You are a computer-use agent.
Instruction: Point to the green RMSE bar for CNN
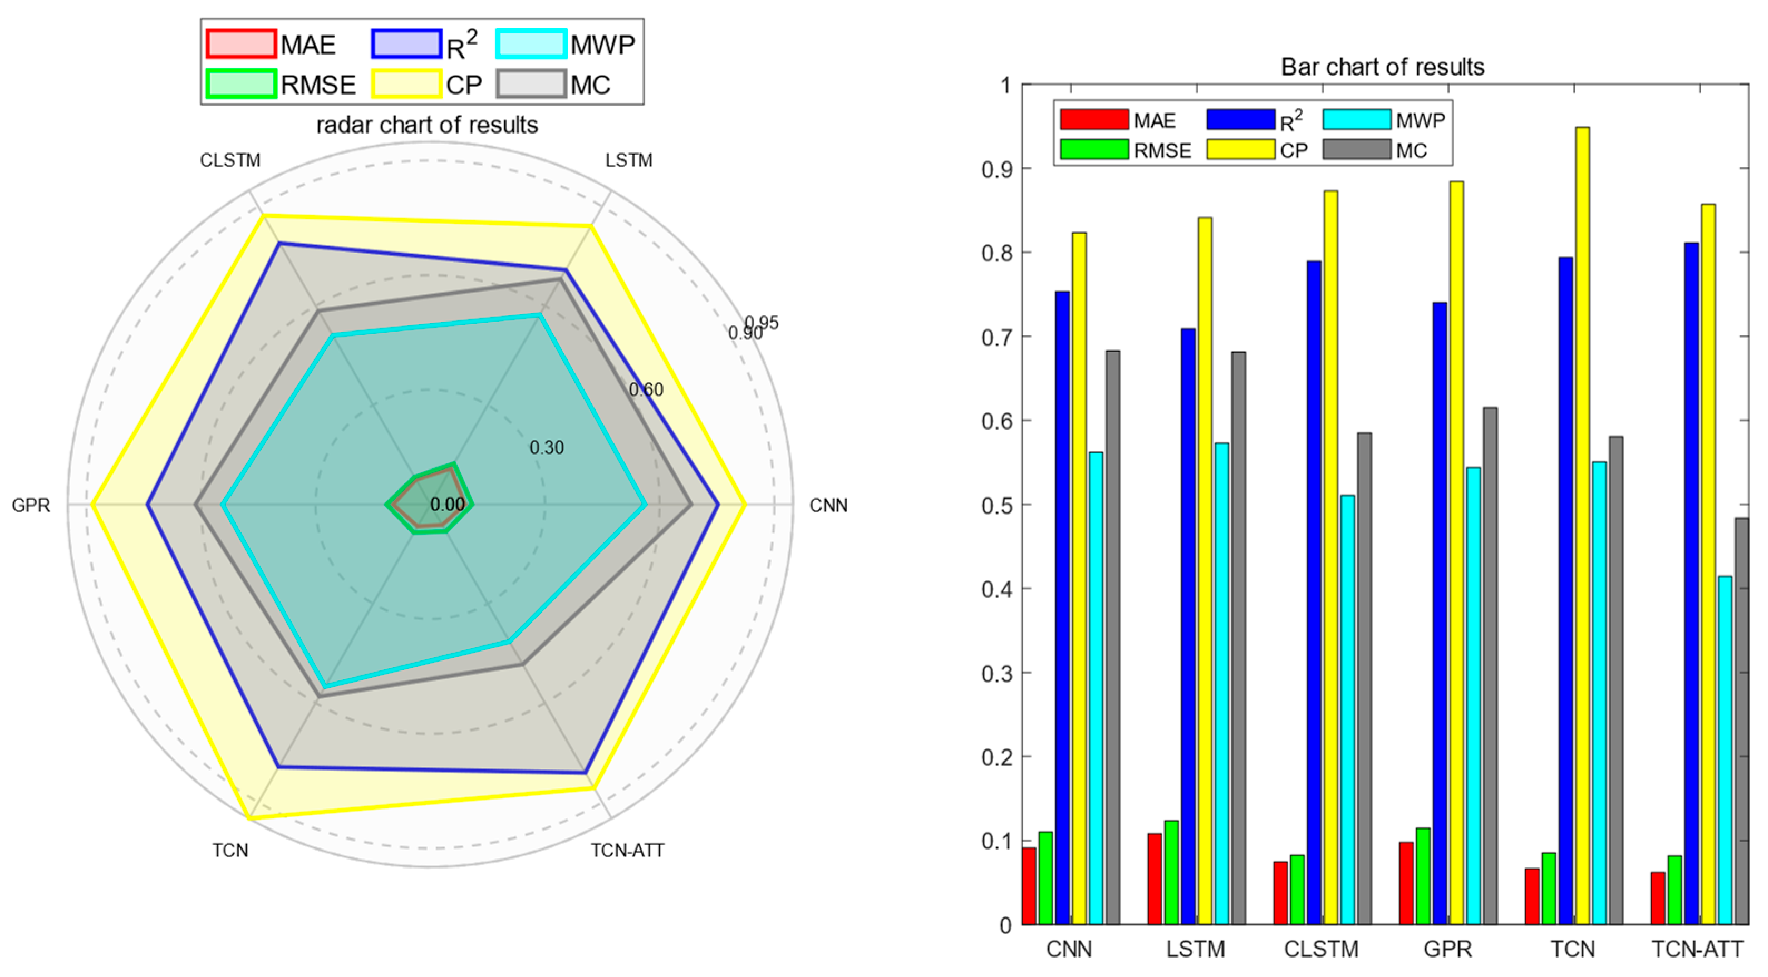tap(1045, 878)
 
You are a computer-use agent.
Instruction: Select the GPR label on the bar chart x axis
tap(1447, 949)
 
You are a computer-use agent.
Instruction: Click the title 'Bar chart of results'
tap(1382, 67)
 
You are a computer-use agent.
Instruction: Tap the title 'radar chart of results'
tap(427, 125)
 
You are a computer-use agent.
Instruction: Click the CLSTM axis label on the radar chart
tap(230, 161)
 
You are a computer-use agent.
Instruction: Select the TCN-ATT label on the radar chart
tap(627, 851)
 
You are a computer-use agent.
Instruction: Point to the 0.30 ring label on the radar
tap(546, 448)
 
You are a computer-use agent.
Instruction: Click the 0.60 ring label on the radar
tap(646, 389)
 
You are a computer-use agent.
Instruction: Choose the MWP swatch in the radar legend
tap(531, 44)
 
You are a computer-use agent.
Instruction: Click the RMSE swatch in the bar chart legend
tap(1094, 150)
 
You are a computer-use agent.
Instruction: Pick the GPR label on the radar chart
tap(31, 506)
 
